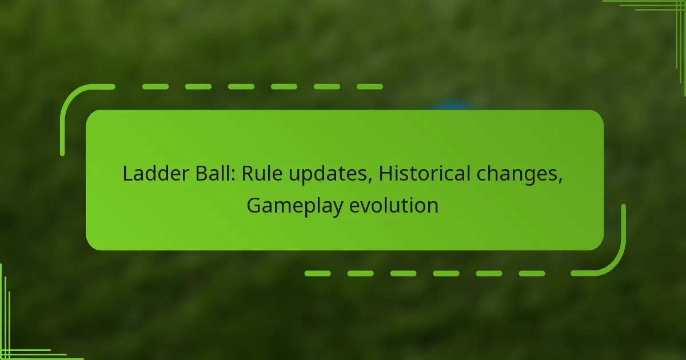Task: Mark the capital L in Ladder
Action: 127,174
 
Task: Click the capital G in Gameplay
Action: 254,206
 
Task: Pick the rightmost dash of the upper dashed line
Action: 369,87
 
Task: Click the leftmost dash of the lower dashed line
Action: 317,274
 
